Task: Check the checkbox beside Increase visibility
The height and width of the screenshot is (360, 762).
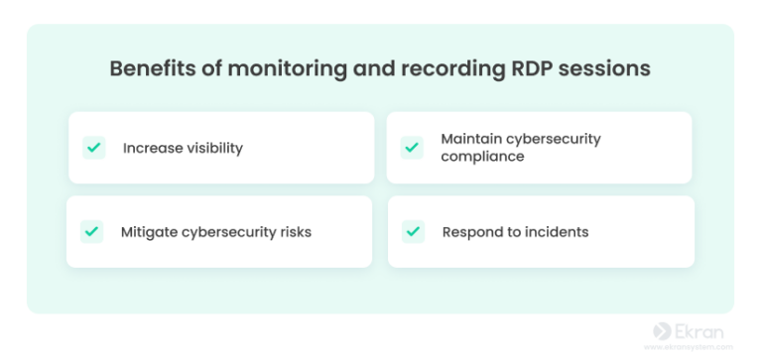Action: point(94,148)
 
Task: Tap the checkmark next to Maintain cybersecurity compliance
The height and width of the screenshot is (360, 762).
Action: point(412,148)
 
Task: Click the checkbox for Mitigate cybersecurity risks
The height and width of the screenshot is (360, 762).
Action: point(92,232)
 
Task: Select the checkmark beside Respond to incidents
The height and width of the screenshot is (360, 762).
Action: point(413,232)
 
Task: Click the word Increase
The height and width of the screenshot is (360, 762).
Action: point(152,148)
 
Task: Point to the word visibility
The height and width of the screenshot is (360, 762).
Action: point(213,148)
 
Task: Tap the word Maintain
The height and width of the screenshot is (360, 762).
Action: point(473,139)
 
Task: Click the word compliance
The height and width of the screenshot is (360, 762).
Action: point(482,157)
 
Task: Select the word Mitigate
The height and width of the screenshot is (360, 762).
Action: point(150,232)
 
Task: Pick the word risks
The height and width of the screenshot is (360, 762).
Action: point(293,232)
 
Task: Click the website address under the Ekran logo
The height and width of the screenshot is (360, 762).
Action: point(689,348)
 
